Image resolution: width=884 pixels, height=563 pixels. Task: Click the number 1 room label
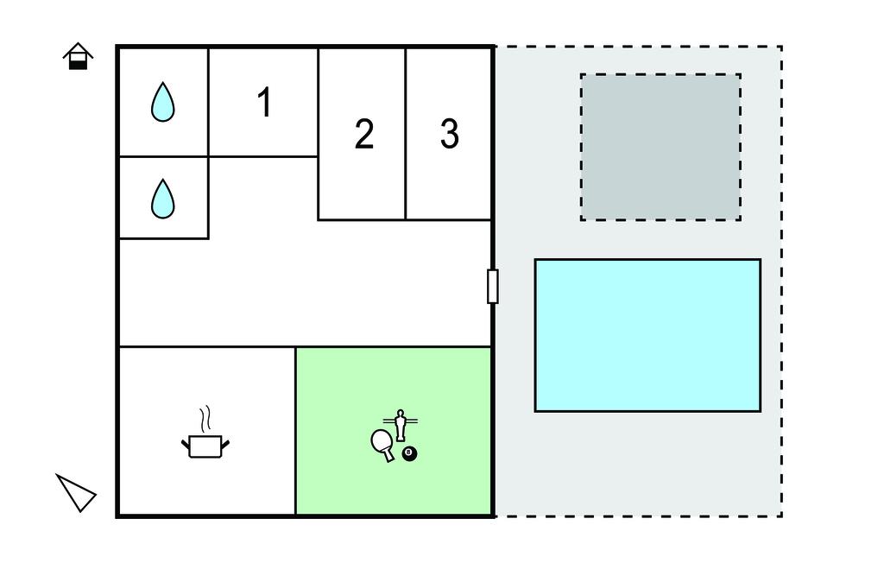[264, 103]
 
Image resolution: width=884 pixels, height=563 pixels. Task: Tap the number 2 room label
[363, 135]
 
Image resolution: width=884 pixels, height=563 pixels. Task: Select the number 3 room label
[449, 134]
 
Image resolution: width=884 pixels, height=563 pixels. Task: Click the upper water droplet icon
[162, 102]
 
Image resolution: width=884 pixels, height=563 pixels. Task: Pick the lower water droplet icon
[162, 199]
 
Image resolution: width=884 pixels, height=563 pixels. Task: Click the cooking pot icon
[205, 446]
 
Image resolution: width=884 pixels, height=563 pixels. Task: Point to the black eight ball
[409, 453]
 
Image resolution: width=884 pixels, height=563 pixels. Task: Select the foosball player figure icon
[400, 425]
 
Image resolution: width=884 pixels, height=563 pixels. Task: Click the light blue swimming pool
[647, 335]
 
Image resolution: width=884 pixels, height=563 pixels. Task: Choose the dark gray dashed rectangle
[660, 147]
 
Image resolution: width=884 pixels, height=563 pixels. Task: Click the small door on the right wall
[492, 286]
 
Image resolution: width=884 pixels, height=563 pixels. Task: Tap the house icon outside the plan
[78, 56]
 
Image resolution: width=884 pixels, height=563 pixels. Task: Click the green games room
[394, 484]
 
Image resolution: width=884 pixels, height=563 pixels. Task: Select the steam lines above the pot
[205, 420]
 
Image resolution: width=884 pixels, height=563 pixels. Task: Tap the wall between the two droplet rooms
[163, 156]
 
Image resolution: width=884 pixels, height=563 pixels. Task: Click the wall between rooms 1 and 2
[319, 104]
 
